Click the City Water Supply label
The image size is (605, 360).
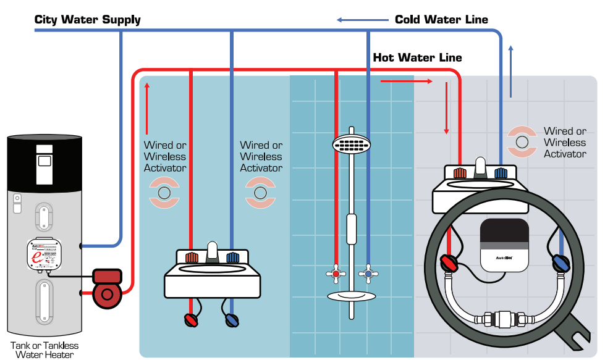87,20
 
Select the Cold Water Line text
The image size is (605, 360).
441,20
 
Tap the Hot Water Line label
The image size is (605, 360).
417,57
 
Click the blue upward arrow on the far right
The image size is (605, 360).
510,71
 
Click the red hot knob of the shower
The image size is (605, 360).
336,273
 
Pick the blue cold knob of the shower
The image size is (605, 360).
368,273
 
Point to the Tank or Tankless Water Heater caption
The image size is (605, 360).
44,350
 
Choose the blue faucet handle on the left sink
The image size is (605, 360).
232,257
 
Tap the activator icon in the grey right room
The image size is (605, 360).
522,141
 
